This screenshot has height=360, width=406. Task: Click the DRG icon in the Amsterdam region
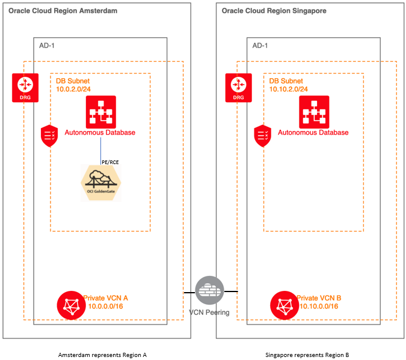coord(25,88)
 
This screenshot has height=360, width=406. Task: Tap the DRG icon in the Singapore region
coord(238,88)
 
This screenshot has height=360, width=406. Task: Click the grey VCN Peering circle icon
coord(209,291)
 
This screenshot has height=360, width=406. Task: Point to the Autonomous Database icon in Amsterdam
coord(100,110)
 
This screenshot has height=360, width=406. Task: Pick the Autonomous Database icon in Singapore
coord(313,110)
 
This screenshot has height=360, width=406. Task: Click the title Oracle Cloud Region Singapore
coord(275,11)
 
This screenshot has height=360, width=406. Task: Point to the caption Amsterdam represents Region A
coord(102,355)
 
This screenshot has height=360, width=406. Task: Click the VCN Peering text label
coord(209,313)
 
